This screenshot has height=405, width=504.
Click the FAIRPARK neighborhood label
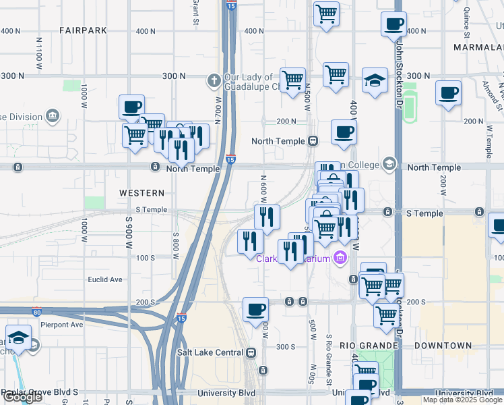click(84, 30)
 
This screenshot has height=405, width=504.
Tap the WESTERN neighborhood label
click(141, 193)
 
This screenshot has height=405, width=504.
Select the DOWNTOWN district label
click(443, 346)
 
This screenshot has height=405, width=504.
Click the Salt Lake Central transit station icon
click(251, 352)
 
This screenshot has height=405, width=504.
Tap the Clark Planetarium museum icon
click(340, 259)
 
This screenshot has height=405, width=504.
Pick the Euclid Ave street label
click(105, 279)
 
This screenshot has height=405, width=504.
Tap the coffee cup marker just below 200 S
click(255, 310)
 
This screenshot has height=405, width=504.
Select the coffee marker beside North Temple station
click(344, 133)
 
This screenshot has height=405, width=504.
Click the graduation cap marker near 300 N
click(375, 80)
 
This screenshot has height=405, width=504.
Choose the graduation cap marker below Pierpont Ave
click(18, 337)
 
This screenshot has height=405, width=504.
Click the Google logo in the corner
click(22, 398)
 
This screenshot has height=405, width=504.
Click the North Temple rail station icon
click(313, 141)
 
